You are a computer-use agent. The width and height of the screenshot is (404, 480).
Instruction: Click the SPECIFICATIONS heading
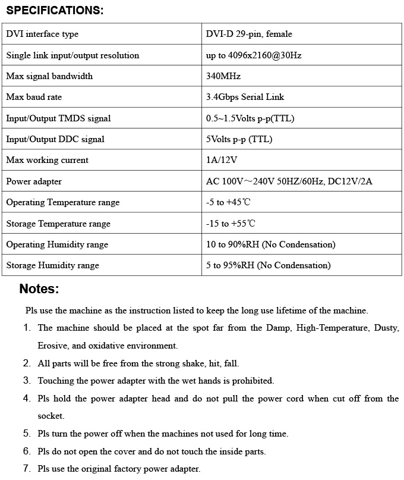[x=55, y=11]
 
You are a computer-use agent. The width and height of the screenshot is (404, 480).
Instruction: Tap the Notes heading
[x=39, y=290]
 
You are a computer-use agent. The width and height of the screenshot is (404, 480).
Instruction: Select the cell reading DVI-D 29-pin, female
[x=249, y=34]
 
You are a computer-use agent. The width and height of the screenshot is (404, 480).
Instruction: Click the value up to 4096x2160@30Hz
[x=254, y=55]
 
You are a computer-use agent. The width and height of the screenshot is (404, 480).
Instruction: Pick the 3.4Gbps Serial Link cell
[x=245, y=97]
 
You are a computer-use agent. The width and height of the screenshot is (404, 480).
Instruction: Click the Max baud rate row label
[x=34, y=97]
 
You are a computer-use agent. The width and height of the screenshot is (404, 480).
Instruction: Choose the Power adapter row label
[x=34, y=181]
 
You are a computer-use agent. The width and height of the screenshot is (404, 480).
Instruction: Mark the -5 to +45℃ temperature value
[x=228, y=202]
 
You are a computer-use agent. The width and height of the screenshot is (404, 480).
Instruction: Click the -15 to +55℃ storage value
[x=231, y=224]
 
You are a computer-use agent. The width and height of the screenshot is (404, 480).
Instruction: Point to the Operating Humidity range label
[x=57, y=244]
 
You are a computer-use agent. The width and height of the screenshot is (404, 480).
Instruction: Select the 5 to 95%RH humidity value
[x=268, y=265]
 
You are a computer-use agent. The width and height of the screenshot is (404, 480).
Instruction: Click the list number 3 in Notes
[x=27, y=381]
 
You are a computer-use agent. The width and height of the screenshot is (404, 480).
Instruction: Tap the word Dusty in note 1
[x=387, y=328]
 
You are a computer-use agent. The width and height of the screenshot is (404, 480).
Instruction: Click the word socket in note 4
[x=50, y=416]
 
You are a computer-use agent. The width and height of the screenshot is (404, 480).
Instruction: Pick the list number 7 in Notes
[x=27, y=469]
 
